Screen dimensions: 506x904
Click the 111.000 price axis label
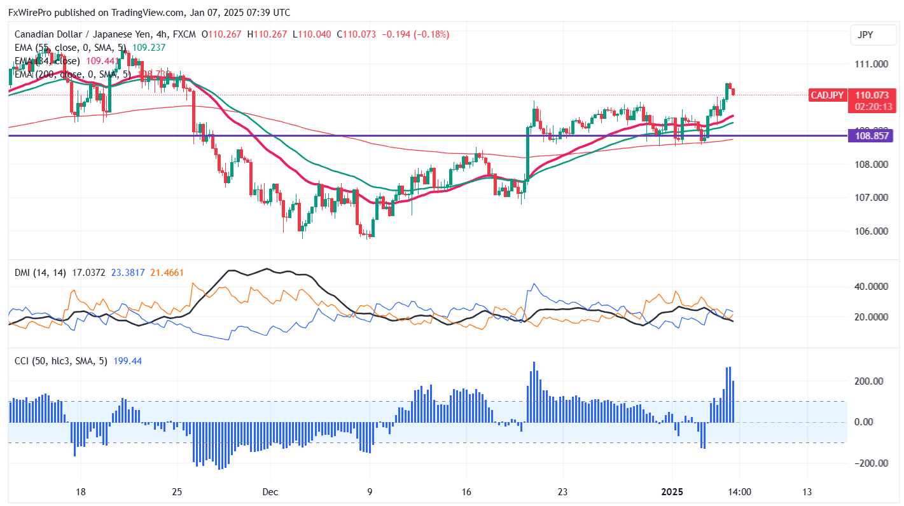[x=871, y=64]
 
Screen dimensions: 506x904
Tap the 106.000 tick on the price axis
[x=871, y=231]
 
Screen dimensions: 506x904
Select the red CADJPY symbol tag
[x=827, y=95]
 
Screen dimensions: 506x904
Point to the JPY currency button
[x=865, y=35]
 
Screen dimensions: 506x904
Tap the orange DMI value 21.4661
[x=167, y=273]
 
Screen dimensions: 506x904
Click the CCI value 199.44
[x=127, y=361]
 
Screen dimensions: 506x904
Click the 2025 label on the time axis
[x=672, y=491]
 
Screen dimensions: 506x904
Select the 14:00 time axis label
[x=740, y=491]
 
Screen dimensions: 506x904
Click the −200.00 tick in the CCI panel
[x=869, y=463]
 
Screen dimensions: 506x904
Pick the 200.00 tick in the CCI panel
[x=871, y=381]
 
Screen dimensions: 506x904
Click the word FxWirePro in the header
[x=30, y=12]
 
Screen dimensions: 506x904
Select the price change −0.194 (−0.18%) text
[x=416, y=34]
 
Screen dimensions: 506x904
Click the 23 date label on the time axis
[x=562, y=491]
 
